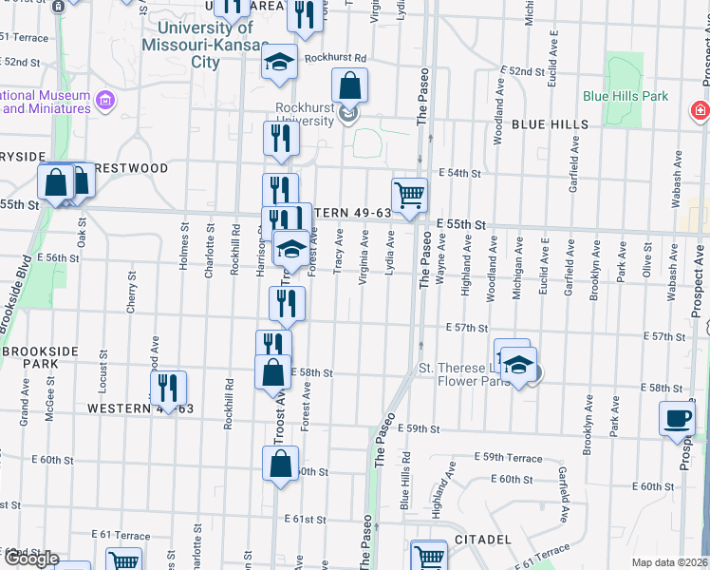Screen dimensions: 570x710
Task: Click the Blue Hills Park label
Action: click(x=626, y=96)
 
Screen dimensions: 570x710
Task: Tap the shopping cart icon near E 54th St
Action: click(x=409, y=195)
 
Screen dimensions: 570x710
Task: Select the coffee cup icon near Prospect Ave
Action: click(x=678, y=419)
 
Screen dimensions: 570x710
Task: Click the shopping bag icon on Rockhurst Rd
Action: click(x=350, y=85)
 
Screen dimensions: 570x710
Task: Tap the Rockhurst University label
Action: click(x=306, y=115)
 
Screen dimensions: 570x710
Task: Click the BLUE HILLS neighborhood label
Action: click(x=551, y=124)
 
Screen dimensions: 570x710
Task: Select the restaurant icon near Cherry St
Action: click(x=168, y=388)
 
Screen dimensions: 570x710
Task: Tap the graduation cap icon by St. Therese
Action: click(x=519, y=366)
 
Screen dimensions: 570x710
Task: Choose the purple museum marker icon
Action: click(x=104, y=100)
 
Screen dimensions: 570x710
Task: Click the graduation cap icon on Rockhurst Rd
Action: click(x=280, y=62)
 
